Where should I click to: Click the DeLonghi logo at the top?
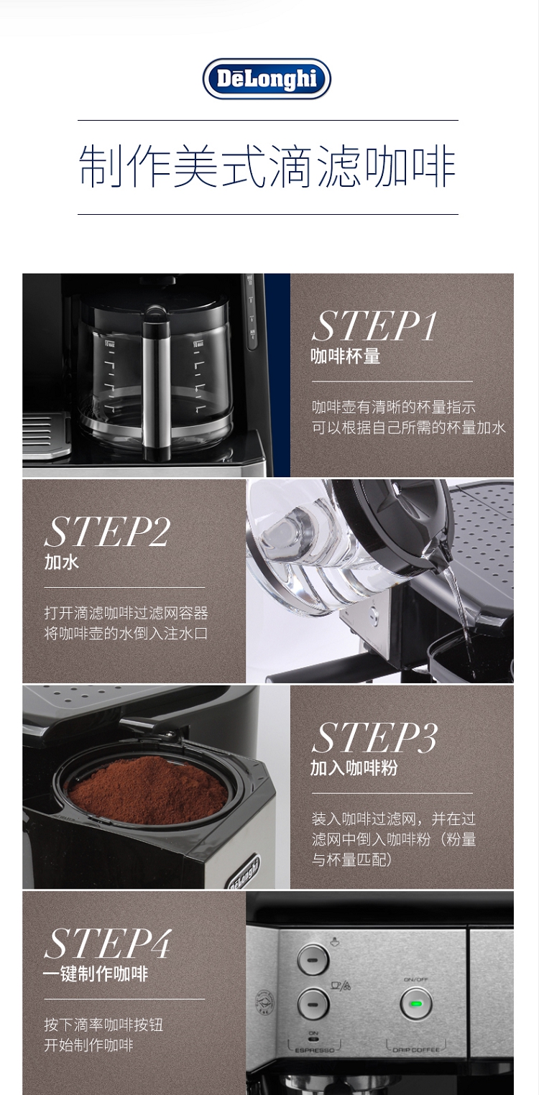pos(267,79)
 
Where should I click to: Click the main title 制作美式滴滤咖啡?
pos(267,166)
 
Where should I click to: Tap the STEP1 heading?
pos(374,326)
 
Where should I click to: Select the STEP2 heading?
pos(107,532)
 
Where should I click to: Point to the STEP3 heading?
pos(374,738)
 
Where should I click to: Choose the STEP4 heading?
pos(108,943)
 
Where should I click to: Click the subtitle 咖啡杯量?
pos(345,356)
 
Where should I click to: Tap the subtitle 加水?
pos(62,562)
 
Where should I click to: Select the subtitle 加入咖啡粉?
pos(354,768)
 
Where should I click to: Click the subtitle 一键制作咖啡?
pos(96,974)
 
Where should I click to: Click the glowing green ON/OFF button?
pos(416,1004)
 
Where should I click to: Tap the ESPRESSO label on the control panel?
pos(315,1050)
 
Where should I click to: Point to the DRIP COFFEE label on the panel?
pos(416,1050)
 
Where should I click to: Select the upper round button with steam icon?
pos(313,960)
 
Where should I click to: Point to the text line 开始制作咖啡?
pos(88,1045)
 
